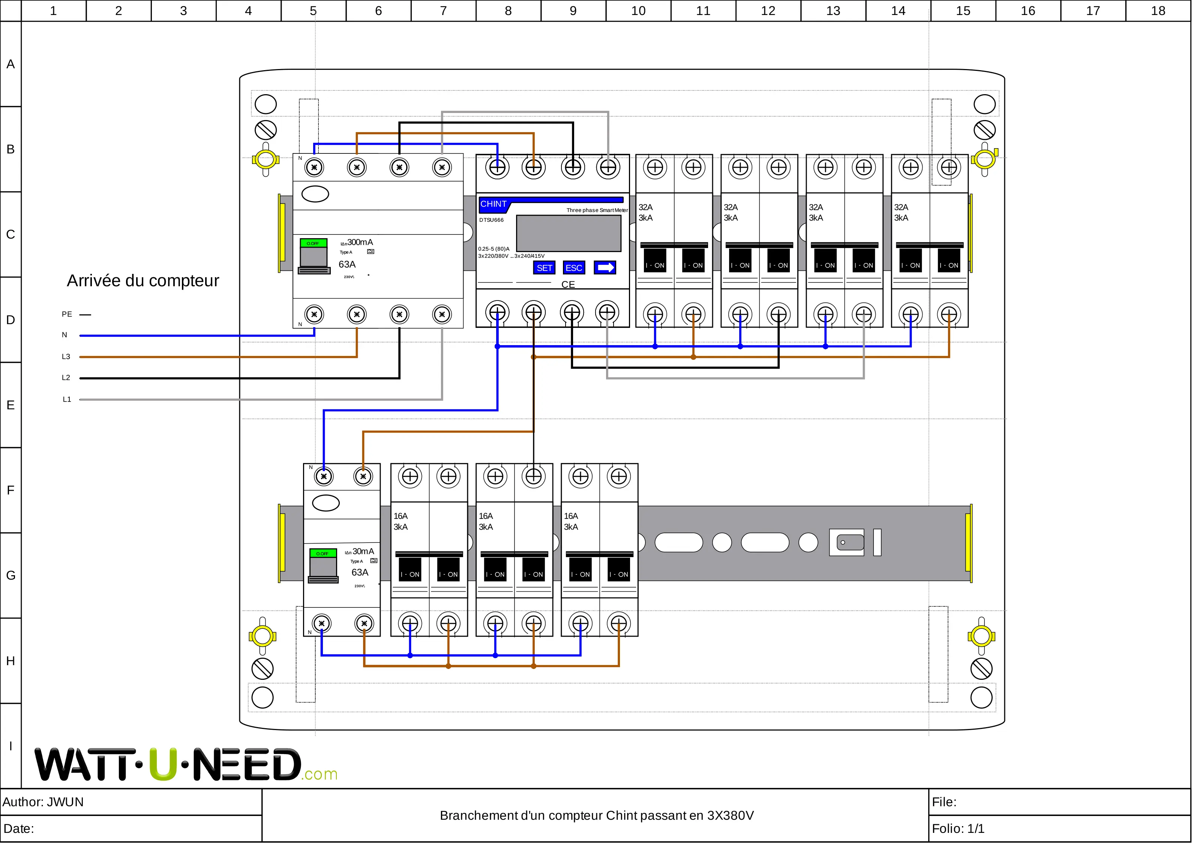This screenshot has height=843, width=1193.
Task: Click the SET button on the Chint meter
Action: click(x=544, y=267)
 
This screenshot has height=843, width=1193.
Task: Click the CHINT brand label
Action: click(x=493, y=204)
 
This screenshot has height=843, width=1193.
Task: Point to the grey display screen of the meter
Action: click(x=569, y=233)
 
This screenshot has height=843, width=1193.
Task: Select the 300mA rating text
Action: click(x=360, y=242)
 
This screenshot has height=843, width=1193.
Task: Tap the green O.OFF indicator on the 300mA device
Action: click(x=313, y=243)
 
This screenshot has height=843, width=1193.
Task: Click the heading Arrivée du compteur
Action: click(x=143, y=281)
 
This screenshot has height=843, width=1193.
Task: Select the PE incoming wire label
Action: click(x=67, y=314)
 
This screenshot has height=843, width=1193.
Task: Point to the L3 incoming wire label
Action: click(x=66, y=356)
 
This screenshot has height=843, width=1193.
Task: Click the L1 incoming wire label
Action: click(x=66, y=399)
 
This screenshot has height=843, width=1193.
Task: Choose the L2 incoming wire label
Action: click(x=66, y=378)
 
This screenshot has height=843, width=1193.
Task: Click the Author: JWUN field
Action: click(x=43, y=802)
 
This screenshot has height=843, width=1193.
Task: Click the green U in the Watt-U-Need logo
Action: click(x=163, y=765)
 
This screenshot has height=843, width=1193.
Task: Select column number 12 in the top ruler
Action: click(x=768, y=11)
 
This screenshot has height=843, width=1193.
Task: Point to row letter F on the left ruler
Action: click(x=11, y=490)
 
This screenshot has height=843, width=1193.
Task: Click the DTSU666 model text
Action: click(x=492, y=220)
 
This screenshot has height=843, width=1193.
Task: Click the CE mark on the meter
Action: click(x=568, y=284)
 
